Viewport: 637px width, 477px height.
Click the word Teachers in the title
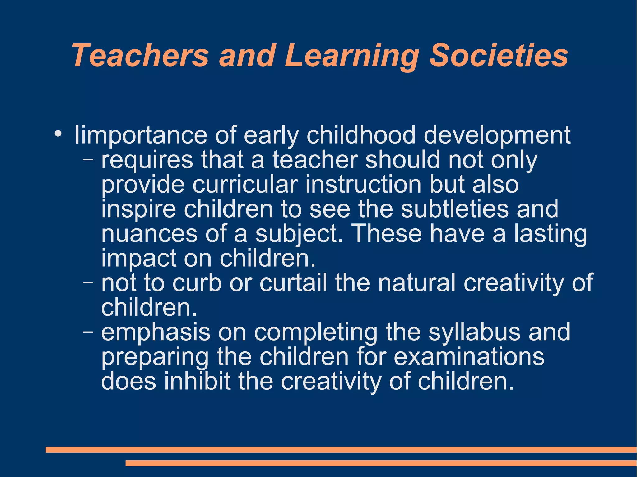click(140, 55)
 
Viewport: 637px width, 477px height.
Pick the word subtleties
click(454, 209)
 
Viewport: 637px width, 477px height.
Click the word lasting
click(550, 234)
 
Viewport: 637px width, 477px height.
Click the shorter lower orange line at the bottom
click(381, 463)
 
